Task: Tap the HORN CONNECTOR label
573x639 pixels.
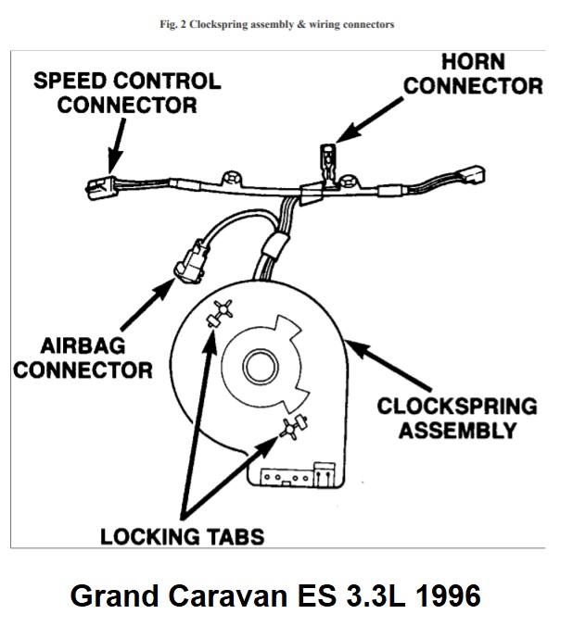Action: (x=474, y=74)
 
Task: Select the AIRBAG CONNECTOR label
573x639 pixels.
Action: (x=83, y=358)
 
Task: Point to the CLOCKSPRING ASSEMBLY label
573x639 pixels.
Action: (x=457, y=419)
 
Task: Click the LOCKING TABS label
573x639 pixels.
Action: (x=182, y=534)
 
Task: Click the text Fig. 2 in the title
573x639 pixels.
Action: (x=173, y=24)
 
